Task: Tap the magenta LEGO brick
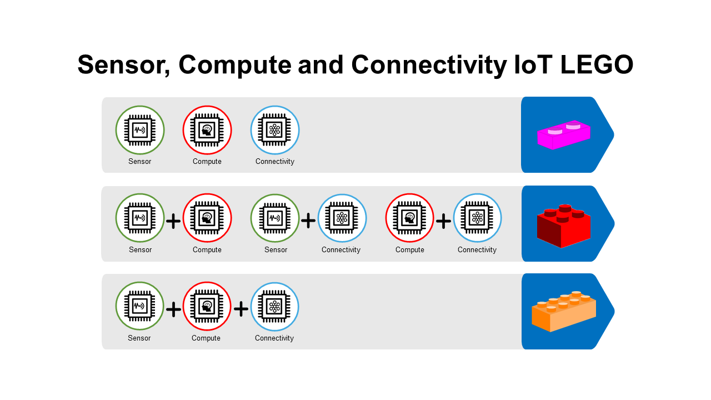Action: (564, 134)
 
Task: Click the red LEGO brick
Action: (564, 226)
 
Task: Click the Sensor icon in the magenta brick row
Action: (140, 130)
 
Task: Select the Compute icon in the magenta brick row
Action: (207, 130)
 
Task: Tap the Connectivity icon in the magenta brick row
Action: (275, 130)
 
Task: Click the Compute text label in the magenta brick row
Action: (207, 162)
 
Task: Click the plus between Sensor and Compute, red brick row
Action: (173, 221)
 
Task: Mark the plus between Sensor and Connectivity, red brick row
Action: (308, 221)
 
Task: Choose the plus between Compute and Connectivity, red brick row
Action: (443, 221)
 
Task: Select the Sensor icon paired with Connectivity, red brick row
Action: (275, 218)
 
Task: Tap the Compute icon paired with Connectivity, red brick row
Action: (410, 218)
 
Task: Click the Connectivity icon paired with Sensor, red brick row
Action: (342, 218)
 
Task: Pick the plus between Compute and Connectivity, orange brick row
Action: (241, 309)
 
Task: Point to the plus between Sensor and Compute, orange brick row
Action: (173, 309)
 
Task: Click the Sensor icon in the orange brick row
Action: (139, 306)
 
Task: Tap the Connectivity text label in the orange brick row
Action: (274, 338)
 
